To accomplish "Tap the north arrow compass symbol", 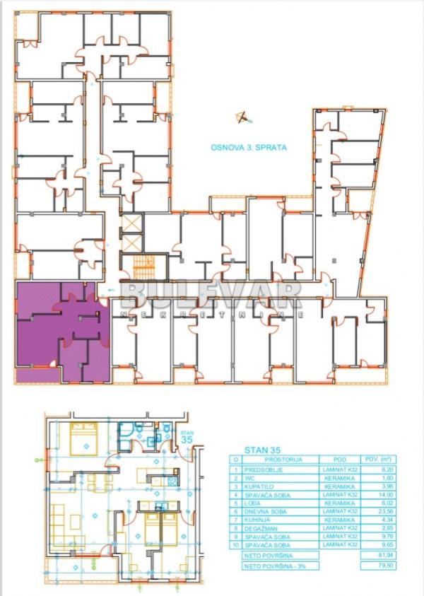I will coord(242,117).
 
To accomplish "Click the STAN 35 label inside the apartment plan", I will coord(187,436).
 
